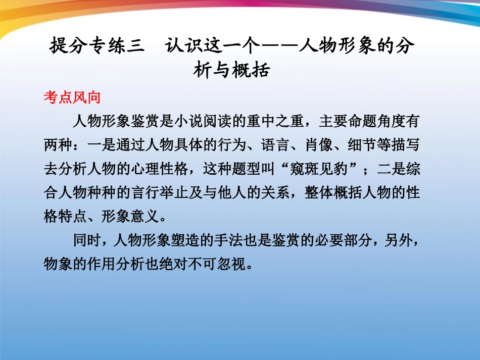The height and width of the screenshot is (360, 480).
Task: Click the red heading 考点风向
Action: [x=72, y=98]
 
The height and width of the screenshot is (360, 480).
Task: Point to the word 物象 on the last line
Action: [x=58, y=265]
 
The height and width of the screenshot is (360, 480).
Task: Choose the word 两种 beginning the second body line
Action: [x=58, y=145]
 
